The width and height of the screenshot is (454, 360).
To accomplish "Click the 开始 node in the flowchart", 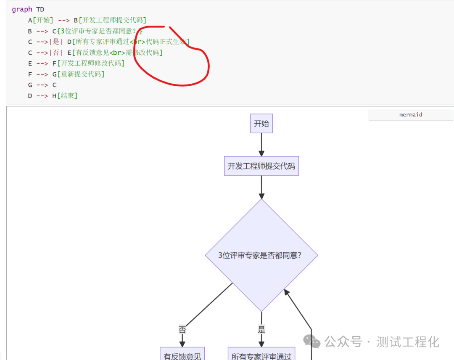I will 261,124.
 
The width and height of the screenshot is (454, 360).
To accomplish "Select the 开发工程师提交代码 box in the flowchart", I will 261,166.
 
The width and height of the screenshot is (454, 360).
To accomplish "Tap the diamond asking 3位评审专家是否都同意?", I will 261,255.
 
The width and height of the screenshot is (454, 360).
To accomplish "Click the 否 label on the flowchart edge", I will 182,330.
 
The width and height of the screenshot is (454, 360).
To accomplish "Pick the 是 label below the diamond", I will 261,330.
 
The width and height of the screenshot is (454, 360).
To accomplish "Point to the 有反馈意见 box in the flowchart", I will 182,356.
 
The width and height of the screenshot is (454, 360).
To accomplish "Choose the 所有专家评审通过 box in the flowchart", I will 261,356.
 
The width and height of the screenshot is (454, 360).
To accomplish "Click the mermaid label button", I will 411,115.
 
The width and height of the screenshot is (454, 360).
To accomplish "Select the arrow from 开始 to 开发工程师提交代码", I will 261,145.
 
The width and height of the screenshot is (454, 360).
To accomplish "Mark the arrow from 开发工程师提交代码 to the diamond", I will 261,187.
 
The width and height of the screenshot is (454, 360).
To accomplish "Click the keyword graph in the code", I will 22,9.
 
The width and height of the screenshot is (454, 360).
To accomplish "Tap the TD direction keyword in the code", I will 40,9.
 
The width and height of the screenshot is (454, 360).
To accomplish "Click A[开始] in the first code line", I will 40,20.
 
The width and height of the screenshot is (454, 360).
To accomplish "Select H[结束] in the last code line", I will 65,96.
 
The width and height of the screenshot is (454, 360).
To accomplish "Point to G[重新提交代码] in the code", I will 78,74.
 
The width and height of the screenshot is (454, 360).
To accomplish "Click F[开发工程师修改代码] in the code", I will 88,64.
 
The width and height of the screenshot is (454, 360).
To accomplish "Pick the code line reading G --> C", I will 42,85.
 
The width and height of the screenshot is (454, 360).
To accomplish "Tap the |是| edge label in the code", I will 56,42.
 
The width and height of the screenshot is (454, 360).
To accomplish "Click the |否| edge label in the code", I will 56,53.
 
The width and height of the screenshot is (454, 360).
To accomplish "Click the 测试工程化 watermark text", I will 408,341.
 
